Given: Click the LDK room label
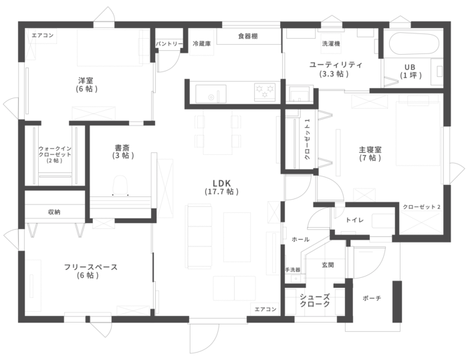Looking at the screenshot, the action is click(222, 187).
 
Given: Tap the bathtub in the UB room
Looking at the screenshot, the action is click(414, 43).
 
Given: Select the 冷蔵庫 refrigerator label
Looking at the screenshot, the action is click(202, 44).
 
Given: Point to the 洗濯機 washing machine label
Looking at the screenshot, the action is click(331, 43).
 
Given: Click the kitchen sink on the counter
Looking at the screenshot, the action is click(211, 94).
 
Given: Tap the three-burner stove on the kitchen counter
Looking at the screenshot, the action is click(265, 91).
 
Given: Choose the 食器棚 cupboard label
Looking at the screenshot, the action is click(248, 36).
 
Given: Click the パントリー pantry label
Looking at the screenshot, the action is click(169, 44).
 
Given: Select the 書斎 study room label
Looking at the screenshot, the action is click(122, 152).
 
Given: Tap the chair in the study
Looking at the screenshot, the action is click(120, 185).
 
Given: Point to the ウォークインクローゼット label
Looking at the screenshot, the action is click(55, 154).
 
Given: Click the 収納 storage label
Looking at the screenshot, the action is click(54, 212).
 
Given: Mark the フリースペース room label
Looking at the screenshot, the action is click(90, 271).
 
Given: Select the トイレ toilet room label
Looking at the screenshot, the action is click(355, 220).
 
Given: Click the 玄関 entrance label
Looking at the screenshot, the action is click(328, 264).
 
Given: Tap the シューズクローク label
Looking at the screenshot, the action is click(315, 300).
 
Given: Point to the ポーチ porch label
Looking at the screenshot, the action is click(372, 298).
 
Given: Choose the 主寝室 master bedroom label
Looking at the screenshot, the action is click(370, 154).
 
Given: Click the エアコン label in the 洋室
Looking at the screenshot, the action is click(43, 35).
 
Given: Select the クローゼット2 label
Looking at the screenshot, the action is click(421, 206).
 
